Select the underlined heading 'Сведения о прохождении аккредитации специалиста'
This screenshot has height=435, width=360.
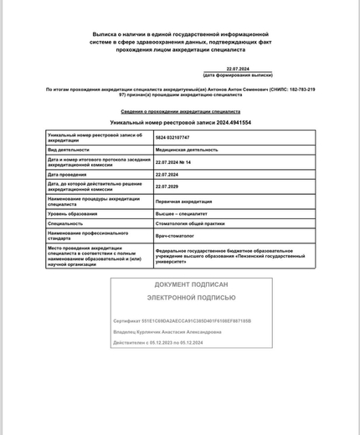(x=180, y=110)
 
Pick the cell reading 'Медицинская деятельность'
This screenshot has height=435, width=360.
(x=187, y=150)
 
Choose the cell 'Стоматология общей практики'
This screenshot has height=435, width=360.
(x=190, y=223)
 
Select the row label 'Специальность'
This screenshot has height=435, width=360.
(x=65, y=223)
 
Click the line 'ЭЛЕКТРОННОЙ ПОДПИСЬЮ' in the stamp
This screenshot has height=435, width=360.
(x=192, y=298)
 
